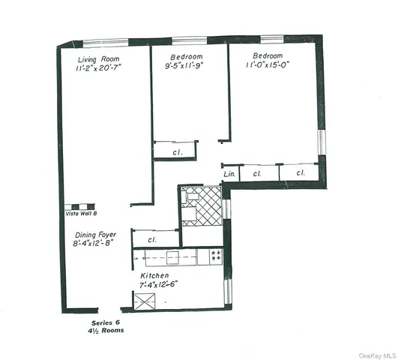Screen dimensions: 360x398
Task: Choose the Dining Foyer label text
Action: click(92, 233)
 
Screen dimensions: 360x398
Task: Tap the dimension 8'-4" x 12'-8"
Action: click(92, 243)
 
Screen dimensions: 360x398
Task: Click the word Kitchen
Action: click(155, 275)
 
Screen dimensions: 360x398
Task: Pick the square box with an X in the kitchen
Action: click(143, 301)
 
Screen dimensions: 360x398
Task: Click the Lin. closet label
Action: click(230, 175)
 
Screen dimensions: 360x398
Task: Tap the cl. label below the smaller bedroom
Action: click(177, 152)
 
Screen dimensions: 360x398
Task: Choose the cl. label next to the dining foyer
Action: click(151, 240)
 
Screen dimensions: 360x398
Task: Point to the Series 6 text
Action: click(95, 322)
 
